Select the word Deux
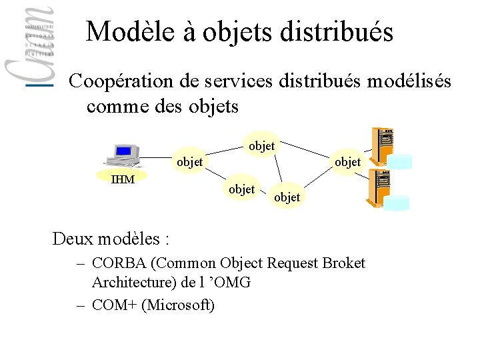[x=72, y=238]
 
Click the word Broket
[x=343, y=263]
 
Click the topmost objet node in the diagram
[x=261, y=145]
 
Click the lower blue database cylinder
[x=400, y=203]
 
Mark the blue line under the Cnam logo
[x=39, y=85]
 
